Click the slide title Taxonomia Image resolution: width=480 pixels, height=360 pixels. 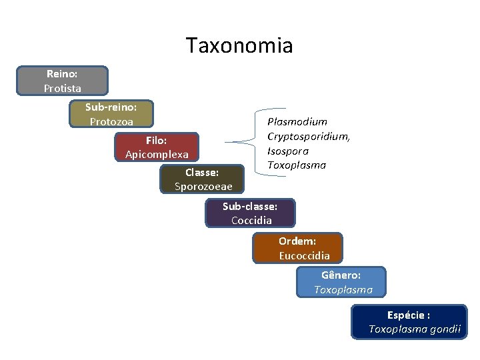[x=239, y=45]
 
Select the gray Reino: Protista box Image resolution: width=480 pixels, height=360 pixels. [x=63, y=81]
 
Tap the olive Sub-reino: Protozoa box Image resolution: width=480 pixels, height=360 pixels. [x=111, y=114]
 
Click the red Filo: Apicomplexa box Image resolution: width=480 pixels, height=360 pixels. [x=157, y=147]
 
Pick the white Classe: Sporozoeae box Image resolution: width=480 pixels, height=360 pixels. [x=203, y=179]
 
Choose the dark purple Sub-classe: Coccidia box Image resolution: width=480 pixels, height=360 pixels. [x=250, y=213]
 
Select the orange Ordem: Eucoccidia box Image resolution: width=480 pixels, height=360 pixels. [x=297, y=248]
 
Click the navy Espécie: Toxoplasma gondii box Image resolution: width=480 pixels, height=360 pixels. [x=409, y=322]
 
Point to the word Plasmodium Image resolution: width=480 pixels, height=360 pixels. [x=297, y=121]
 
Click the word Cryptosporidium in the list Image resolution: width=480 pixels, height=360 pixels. [x=308, y=136]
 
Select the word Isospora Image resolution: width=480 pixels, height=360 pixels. [x=288, y=151]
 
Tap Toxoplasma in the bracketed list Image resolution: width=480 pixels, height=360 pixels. [x=297, y=165]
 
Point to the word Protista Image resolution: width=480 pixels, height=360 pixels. [x=63, y=88]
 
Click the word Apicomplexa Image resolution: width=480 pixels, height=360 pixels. [x=157, y=155]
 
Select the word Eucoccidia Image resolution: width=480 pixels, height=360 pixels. [x=304, y=255]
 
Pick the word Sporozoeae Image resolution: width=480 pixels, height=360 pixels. [x=203, y=187]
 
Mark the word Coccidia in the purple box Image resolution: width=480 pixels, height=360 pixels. [x=251, y=221]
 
